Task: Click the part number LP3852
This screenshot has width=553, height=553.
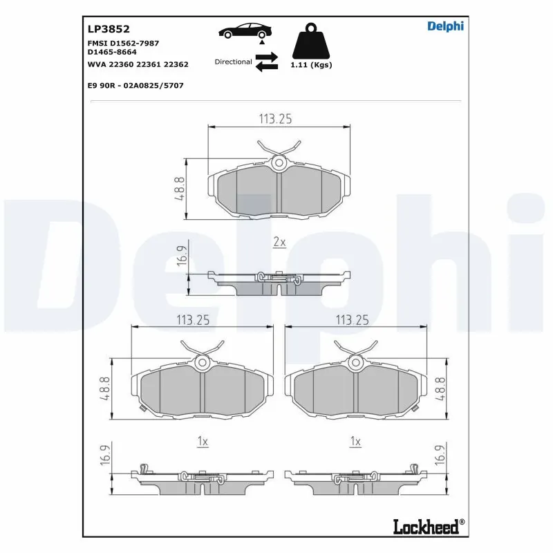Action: [104, 29]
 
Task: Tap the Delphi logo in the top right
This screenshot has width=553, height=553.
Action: [445, 26]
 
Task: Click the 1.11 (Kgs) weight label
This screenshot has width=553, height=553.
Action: [311, 65]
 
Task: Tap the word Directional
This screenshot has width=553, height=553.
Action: [233, 62]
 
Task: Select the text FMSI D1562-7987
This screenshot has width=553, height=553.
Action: [123, 43]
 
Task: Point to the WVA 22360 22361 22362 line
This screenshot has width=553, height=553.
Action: [138, 64]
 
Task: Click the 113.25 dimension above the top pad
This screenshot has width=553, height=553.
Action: [275, 119]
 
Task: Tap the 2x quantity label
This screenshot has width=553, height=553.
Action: [279, 243]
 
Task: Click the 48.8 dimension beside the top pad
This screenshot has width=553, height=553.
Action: [180, 189]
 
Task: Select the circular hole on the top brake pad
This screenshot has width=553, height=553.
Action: [279, 162]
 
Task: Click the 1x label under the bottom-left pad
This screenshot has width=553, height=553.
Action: [203, 441]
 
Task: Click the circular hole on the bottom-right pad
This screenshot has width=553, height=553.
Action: [356, 362]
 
